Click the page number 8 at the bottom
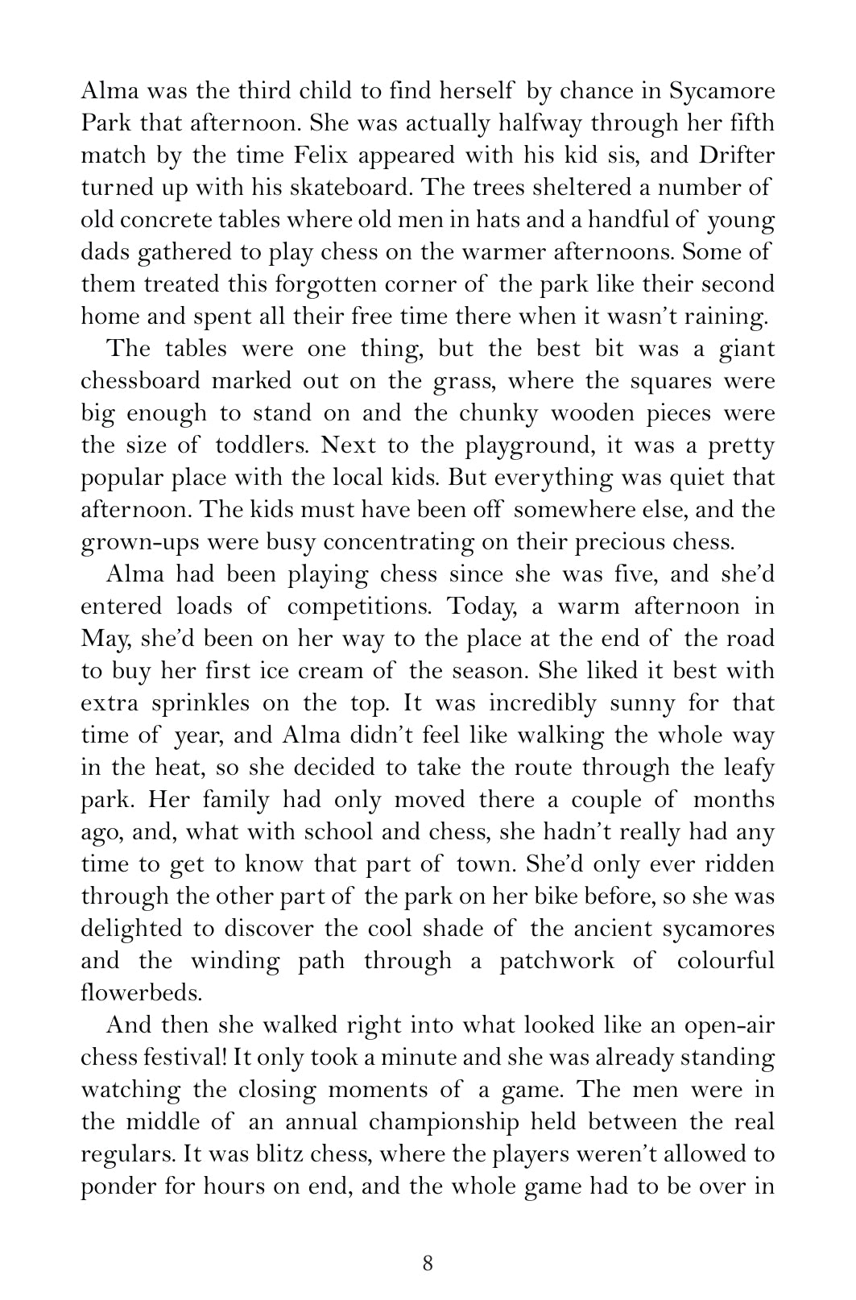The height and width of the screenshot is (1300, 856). pyautogui.click(x=428, y=1263)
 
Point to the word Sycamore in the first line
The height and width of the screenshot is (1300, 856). pyautogui.click(x=718, y=91)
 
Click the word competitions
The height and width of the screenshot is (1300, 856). pyautogui.click(x=359, y=607)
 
